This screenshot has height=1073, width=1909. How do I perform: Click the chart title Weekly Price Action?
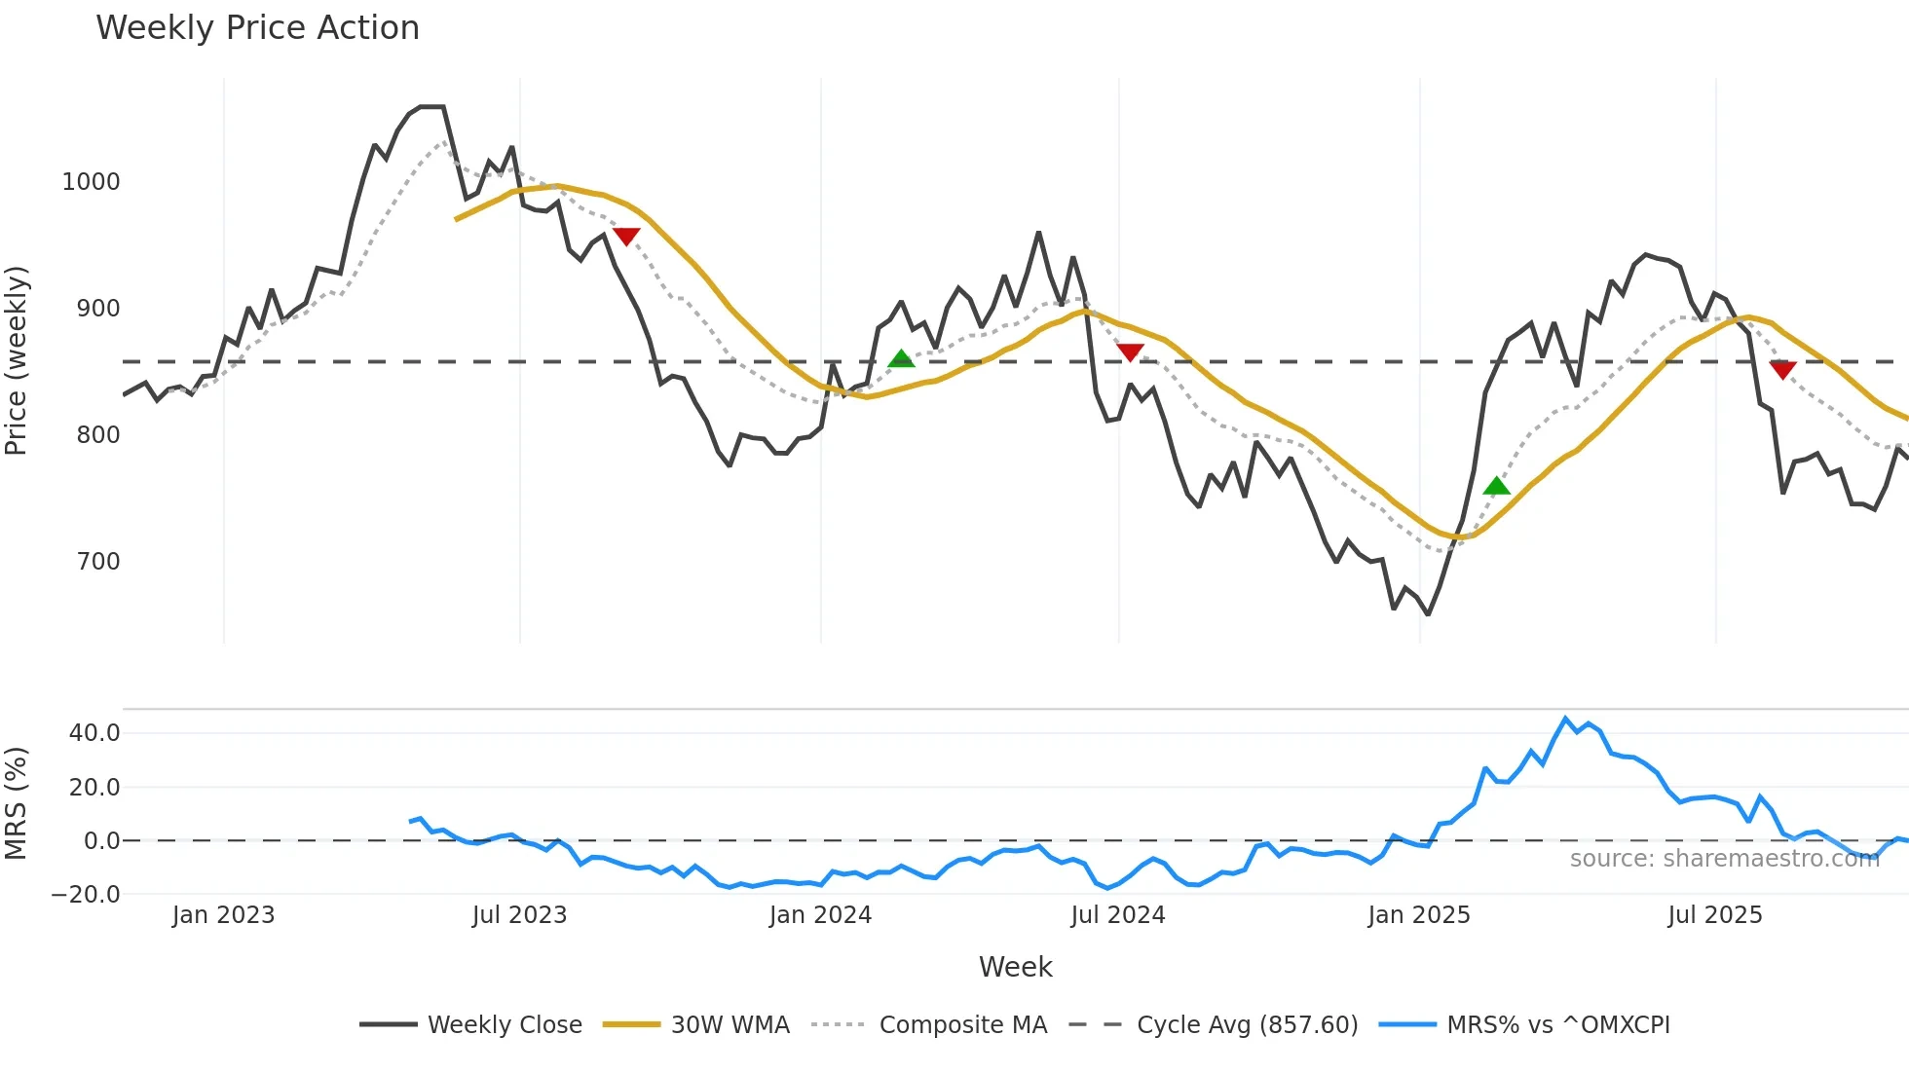coord(257,28)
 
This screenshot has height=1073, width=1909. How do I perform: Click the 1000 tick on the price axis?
coord(91,182)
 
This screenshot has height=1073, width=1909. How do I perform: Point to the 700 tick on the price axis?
coord(97,562)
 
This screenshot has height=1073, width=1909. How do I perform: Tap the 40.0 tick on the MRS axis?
coord(94,733)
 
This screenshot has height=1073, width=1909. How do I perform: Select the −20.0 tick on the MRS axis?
coord(86,895)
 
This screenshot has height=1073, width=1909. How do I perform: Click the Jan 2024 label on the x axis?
coord(820,915)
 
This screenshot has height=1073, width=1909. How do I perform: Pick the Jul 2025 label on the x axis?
coord(1714,915)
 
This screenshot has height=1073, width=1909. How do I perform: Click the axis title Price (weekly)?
coord(17,360)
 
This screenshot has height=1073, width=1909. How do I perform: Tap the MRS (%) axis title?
coord(17,803)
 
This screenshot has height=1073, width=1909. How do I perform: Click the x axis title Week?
coord(1015,967)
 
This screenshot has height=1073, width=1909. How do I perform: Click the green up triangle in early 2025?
coord(1496,486)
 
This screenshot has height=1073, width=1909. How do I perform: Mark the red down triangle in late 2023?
coord(626,236)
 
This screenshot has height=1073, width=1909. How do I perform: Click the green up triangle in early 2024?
coord(901,358)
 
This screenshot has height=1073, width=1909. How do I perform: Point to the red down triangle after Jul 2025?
coord(1782,369)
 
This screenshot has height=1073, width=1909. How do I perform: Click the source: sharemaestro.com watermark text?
coord(1724,859)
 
